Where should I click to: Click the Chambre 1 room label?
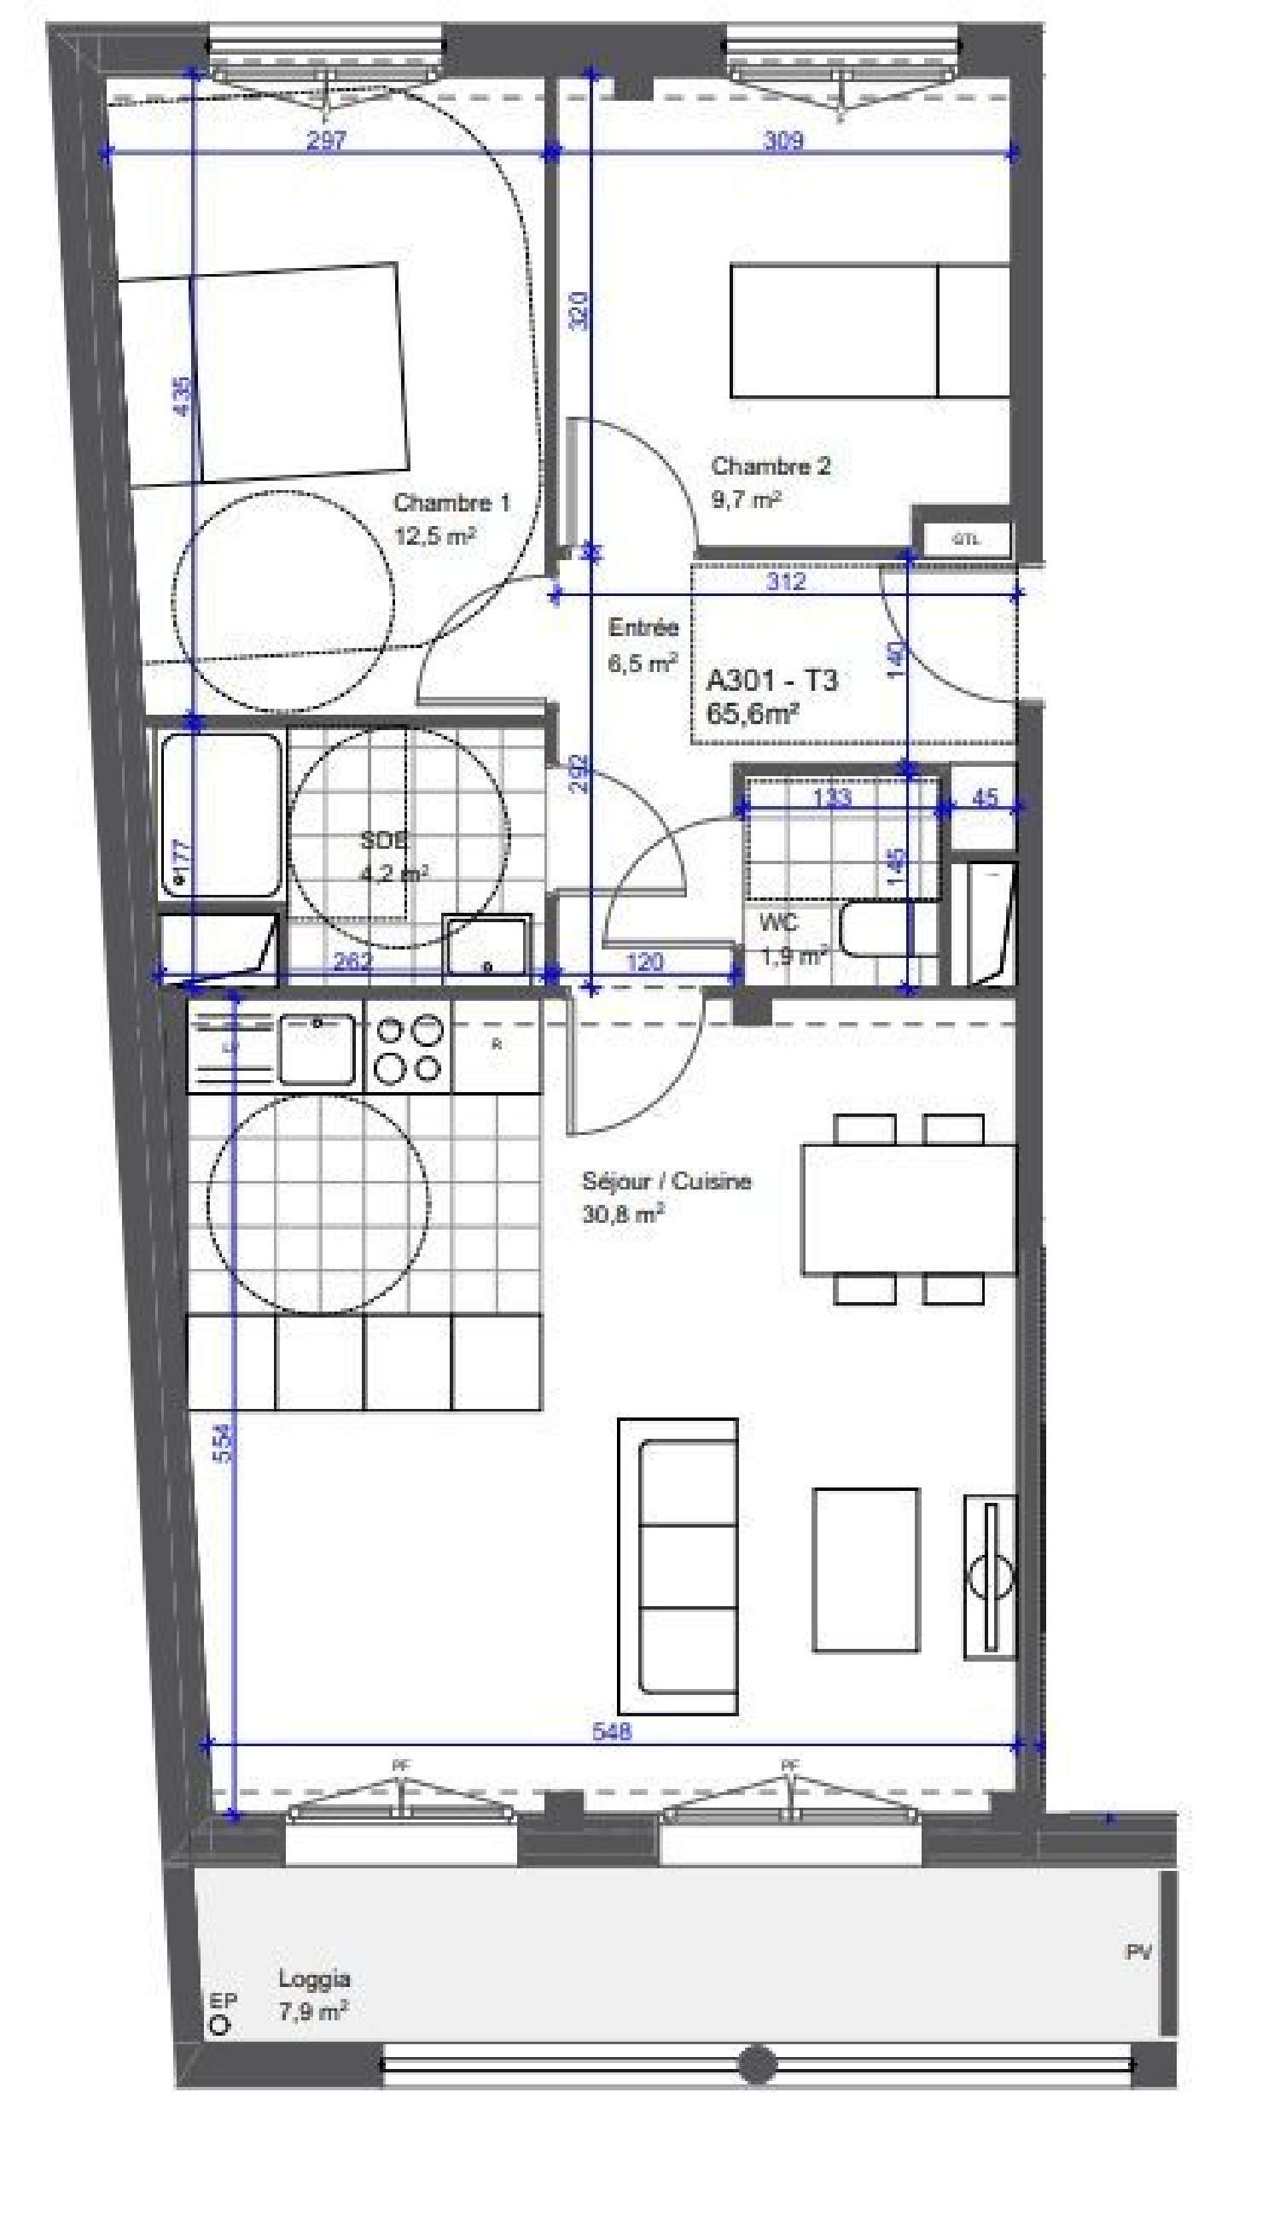(451, 503)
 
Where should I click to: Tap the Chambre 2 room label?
(770, 466)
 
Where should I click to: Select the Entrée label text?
(643, 628)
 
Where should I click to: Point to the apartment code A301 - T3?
(772, 681)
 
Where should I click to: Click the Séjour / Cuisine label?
(666, 1181)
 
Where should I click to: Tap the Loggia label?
(315, 1978)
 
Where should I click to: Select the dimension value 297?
(326, 140)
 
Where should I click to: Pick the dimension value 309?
(782, 140)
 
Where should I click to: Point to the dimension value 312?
(785, 581)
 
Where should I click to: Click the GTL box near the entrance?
(965, 540)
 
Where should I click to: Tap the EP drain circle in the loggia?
(219, 2025)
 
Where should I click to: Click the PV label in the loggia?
(1138, 1952)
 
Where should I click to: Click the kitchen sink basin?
(317, 1049)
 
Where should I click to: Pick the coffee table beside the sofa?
(865, 1569)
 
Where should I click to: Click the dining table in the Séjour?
(909, 1209)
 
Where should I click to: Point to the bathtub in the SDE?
(219, 815)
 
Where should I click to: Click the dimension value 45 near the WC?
(986, 798)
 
